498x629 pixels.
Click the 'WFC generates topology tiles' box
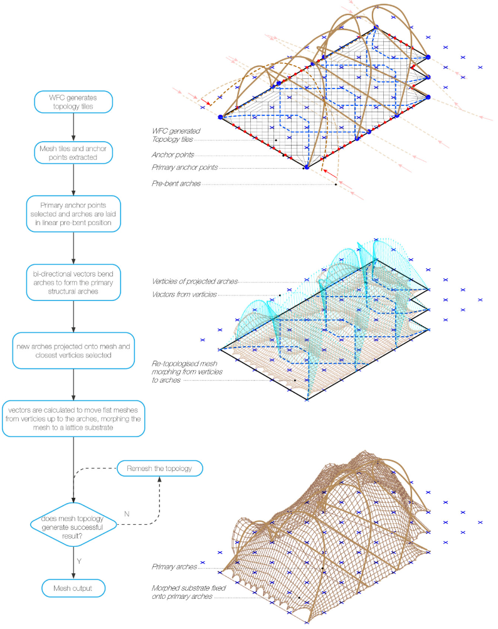(74, 102)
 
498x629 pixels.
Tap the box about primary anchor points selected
(74, 213)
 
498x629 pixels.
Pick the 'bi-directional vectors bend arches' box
(74, 283)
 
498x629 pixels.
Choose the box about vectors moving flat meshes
(74, 417)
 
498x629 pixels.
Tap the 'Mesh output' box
(74, 588)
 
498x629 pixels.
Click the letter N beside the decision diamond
(127, 513)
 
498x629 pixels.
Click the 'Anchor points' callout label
(172, 154)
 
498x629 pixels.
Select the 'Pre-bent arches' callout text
(176, 184)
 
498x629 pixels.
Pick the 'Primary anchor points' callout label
(185, 167)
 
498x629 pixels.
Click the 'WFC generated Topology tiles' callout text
(176, 135)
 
